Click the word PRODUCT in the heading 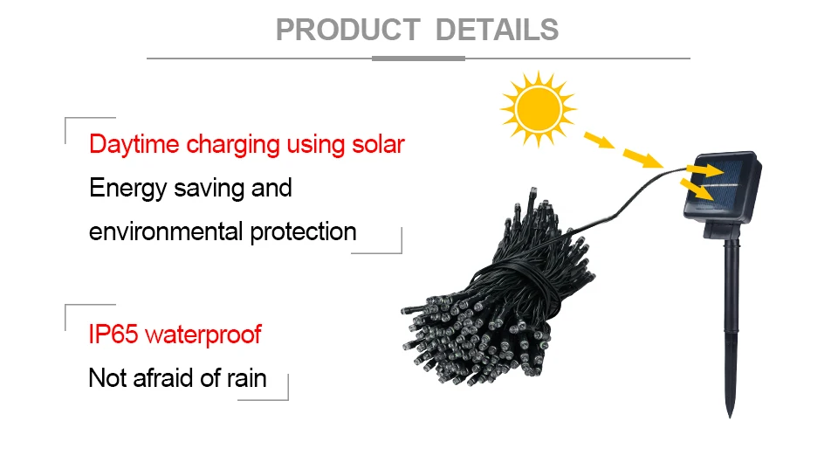pos(348,30)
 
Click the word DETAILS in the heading pos(497,30)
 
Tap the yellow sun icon pos(538,108)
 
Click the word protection pos(303,231)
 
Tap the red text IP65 pos(114,334)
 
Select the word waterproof pos(203,334)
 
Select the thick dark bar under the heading pos(418,59)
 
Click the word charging pos(233,144)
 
